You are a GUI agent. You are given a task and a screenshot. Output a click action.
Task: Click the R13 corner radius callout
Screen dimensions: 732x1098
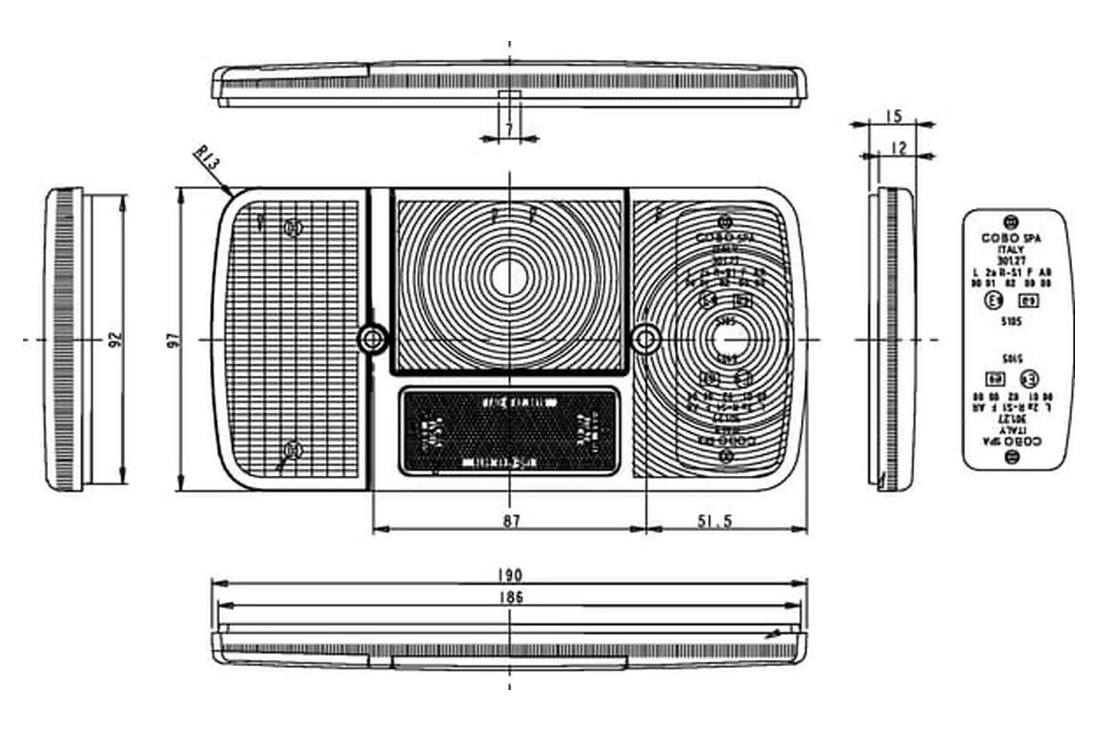point(207,160)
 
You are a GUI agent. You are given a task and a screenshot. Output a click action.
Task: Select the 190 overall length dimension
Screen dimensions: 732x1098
point(510,574)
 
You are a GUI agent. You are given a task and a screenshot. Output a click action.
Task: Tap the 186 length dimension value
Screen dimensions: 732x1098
point(511,597)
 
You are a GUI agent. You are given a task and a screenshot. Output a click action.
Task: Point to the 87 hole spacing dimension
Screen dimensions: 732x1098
point(511,520)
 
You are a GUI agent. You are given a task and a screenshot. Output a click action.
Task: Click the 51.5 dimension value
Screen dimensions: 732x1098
point(714,520)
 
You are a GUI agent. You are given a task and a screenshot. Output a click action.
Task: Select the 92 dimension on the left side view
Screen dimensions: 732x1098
point(116,340)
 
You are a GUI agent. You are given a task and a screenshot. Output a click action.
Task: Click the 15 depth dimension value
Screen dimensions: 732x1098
point(893,116)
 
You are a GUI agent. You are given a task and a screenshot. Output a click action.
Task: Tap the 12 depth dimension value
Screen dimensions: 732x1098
point(899,148)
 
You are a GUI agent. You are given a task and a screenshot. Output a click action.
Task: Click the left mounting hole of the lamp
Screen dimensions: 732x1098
point(373,339)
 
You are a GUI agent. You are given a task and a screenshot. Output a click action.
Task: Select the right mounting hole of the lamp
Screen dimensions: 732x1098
point(646,339)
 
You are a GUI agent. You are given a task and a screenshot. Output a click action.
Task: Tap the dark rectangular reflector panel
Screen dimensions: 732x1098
point(509,432)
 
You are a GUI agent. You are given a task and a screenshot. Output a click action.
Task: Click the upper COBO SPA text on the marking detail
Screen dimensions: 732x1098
point(1011,238)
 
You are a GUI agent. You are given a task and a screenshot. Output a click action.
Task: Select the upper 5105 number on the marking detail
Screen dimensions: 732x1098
point(1011,321)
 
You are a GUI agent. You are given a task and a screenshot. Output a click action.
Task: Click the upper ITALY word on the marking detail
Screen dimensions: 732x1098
point(1011,250)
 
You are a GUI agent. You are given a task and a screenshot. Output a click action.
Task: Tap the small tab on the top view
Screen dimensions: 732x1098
point(509,94)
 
